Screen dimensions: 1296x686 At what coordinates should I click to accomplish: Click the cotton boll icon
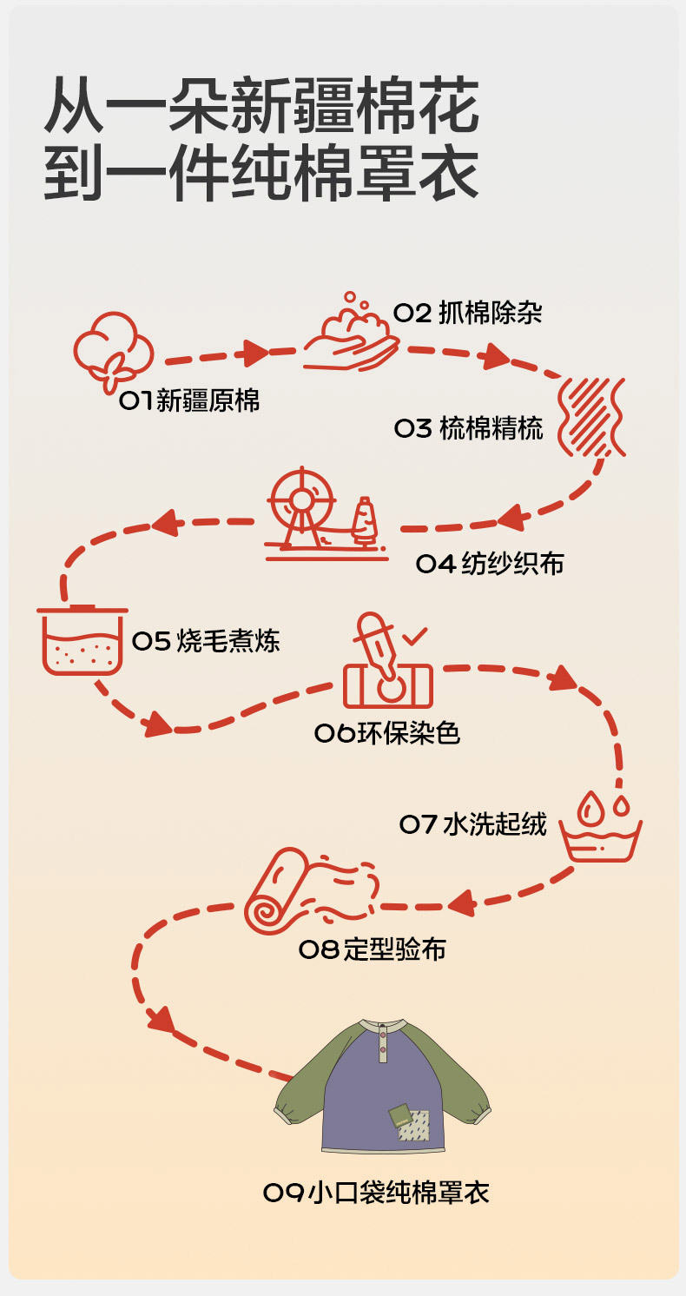click(x=113, y=351)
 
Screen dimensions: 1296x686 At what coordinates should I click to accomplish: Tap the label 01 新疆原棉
click(x=189, y=400)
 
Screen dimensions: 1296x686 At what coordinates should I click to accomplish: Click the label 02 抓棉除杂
click(x=468, y=313)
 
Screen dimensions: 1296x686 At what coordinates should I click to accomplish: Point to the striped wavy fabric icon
click(x=592, y=416)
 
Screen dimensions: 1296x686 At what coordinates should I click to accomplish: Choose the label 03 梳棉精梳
click(x=468, y=428)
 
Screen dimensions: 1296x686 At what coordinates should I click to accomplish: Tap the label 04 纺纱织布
click(x=490, y=564)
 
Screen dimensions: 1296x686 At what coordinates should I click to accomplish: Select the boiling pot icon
click(x=82, y=642)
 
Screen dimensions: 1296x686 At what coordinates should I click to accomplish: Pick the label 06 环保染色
click(x=386, y=734)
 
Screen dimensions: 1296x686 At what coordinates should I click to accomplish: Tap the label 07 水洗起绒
click(x=473, y=823)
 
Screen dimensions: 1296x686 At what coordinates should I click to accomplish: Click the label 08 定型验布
click(x=373, y=949)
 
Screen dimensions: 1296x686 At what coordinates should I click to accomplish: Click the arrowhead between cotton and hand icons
click(x=255, y=353)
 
